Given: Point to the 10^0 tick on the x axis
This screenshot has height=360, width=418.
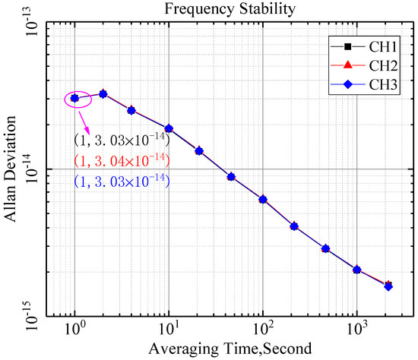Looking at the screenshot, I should pyautogui.click(x=74, y=331).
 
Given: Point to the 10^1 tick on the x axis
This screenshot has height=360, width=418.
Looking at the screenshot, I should pyautogui.click(x=169, y=331).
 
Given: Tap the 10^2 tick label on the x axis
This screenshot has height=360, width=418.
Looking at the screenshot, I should pyautogui.click(x=262, y=331).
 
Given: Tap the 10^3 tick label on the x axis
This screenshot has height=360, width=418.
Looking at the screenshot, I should pyautogui.click(x=356, y=331).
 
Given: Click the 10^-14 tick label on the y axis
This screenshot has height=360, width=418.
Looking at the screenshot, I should pyautogui.click(x=28, y=169).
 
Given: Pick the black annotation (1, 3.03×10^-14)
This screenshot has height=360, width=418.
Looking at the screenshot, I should pyautogui.click(x=121, y=141).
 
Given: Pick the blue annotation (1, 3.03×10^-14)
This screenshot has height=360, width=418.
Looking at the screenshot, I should pyautogui.click(x=121, y=181).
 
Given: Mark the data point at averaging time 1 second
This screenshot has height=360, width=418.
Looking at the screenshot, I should pyautogui.click(x=74, y=98).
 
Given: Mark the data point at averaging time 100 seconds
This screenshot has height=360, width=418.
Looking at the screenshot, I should pyautogui.click(x=262, y=200).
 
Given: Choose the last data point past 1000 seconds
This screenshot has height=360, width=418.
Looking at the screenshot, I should pyautogui.click(x=388, y=286).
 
